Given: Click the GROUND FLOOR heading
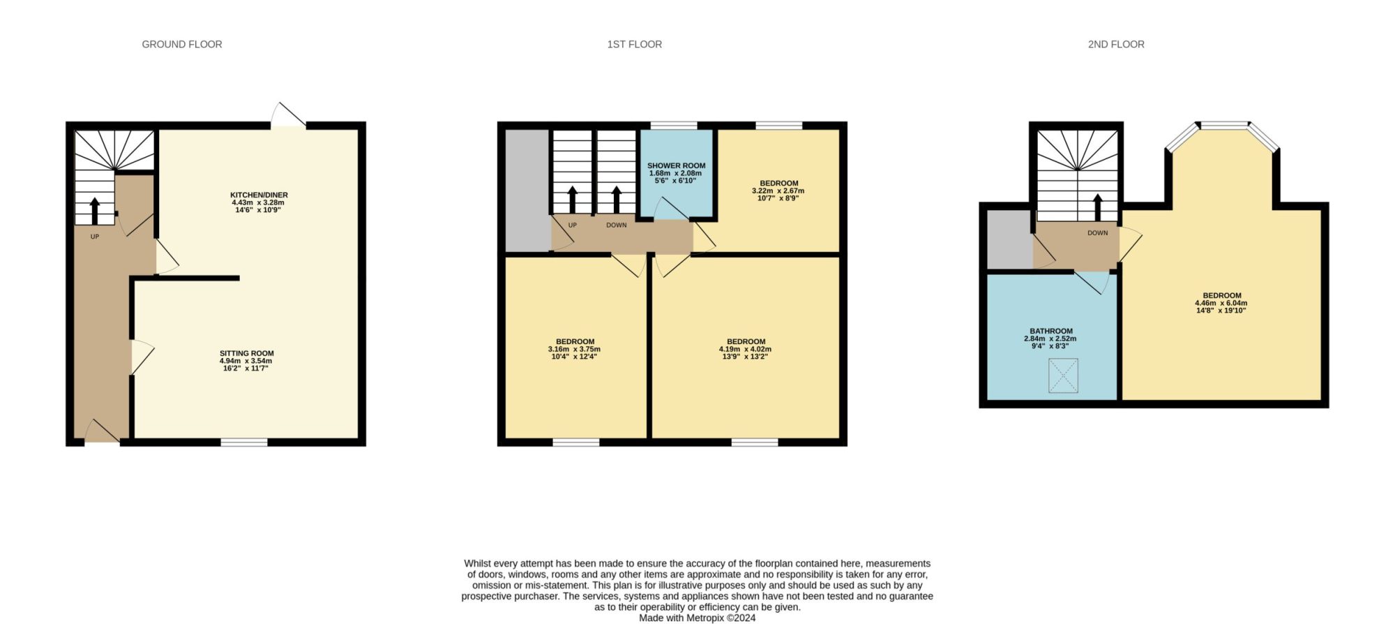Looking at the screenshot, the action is [182, 44].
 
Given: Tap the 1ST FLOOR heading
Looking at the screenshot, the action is [634, 44].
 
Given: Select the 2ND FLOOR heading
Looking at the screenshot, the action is [1116, 44].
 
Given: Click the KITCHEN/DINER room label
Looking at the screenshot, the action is [259, 195].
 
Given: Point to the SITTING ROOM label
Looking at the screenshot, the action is [246, 353].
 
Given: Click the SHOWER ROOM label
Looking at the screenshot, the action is [676, 165].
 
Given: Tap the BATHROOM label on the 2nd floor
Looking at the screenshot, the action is [1051, 331].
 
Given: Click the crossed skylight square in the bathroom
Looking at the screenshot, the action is [1063, 376].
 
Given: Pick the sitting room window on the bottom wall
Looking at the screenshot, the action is [244, 442].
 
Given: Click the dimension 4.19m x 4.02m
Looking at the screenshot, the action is [745, 349].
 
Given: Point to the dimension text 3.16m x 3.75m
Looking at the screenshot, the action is [574, 349].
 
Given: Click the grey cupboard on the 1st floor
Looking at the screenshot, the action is [527, 190].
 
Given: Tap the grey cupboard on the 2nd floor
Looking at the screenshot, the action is [1009, 239].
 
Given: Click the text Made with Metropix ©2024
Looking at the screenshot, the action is [697, 618].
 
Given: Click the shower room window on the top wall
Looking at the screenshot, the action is [674, 126].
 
